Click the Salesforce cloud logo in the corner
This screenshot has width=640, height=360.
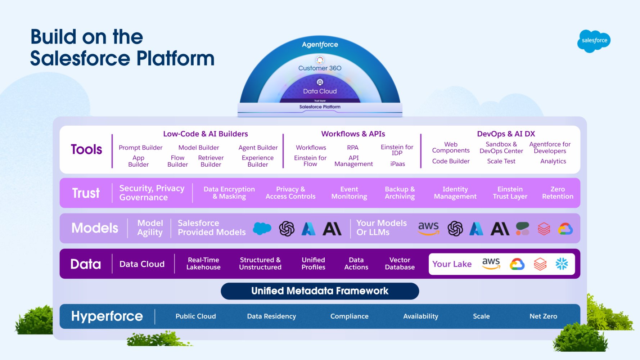click(594, 41)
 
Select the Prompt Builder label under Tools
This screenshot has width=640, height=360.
click(140, 148)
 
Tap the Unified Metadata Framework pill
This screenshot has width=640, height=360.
click(320, 291)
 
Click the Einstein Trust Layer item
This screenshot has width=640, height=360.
click(510, 193)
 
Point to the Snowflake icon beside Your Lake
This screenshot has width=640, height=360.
click(562, 264)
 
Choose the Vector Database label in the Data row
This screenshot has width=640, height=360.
click(400, 264)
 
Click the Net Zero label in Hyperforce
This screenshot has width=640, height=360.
click(543, 316)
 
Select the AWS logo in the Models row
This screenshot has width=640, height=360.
click(428, 228)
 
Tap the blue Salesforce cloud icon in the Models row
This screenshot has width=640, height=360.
click(262, 228)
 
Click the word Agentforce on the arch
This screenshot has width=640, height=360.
click(320, 45)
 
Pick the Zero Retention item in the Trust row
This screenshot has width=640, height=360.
click(557, 193)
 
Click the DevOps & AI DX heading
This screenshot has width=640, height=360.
click(506, 134)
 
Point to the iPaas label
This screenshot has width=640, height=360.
click(397, 164)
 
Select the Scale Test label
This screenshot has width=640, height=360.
click(501, 161)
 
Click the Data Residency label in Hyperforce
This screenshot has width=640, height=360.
click(271, 316)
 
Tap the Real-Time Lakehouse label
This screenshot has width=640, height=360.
click(203, 264)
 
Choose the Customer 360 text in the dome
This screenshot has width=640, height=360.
click(320, 68)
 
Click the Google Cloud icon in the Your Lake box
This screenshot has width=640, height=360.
click(517, 264)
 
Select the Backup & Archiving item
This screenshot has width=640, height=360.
click(400, 193)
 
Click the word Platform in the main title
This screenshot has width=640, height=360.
click(175, 58)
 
